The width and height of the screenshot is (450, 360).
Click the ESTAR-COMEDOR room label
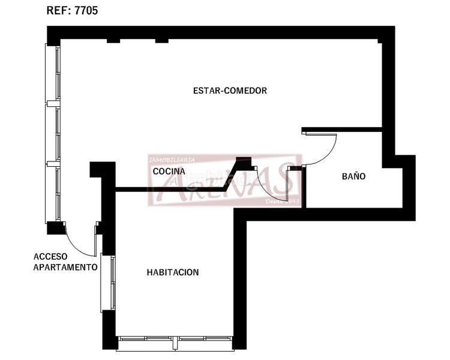(230, 91)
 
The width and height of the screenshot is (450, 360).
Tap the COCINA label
(164, 172)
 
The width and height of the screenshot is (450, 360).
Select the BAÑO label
(353, 176)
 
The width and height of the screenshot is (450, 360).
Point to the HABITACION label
(173, 272)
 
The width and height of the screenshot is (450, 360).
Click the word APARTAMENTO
(65, 266)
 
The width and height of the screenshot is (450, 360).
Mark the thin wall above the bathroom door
(342, 129)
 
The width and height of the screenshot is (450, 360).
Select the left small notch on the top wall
(113, 40)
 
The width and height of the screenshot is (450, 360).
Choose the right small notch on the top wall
(161, 40)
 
